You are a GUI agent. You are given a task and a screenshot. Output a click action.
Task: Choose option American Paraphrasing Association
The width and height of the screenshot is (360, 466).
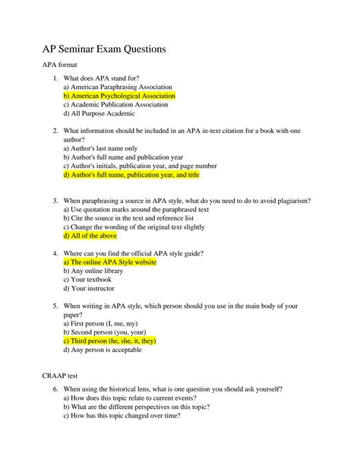coord(118,87)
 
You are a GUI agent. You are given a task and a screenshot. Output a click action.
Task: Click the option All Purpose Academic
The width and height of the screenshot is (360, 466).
coord(99,115)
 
